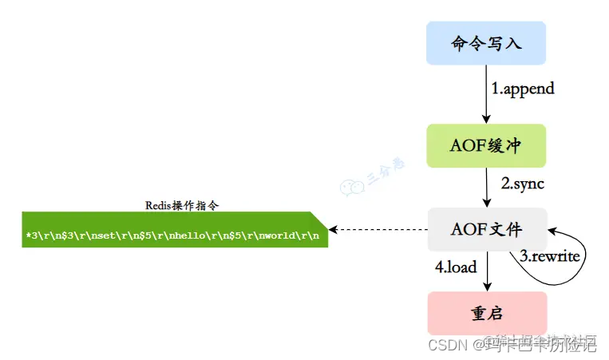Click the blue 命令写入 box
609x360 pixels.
click(486, 43)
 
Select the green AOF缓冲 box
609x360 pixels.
click(486, 145)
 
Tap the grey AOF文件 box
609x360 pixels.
click(487, 230)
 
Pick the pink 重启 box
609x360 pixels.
click(487, 313)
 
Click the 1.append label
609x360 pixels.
click(523, 89)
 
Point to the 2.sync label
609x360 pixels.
click(522, 184)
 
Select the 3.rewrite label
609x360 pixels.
click(551, 256)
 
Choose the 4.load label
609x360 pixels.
click(456, 267)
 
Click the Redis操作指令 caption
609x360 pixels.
click(183, 205)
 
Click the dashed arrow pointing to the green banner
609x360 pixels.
click(378, 230)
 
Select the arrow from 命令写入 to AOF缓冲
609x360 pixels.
click(487, 94)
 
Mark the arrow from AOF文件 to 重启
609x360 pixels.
click(487, 271)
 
